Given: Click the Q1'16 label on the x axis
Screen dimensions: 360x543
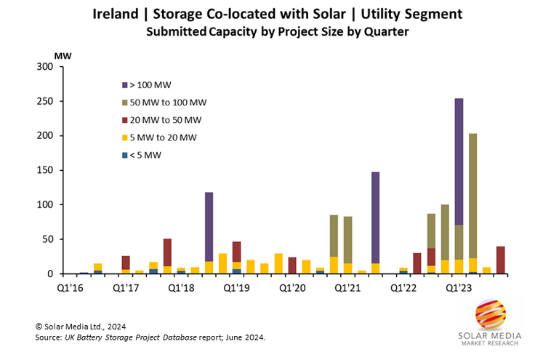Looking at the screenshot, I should pyautogui.click(x=71, y=288).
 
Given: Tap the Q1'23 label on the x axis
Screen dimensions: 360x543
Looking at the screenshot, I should pyautogui.click(x=459, y=288).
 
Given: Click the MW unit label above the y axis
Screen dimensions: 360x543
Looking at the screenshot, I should pyautogui.click(x=62, y=55).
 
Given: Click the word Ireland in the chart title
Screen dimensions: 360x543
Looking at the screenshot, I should pyautogui.click(x=116, y=14).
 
